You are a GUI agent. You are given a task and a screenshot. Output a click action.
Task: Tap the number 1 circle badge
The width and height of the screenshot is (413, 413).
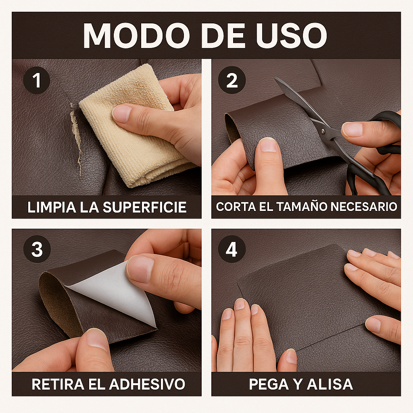(37, 80)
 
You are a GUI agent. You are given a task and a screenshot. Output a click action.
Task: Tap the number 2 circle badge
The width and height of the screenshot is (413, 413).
(232, 80)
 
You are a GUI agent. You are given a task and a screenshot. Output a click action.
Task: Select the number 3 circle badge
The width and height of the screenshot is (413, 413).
(37, 250)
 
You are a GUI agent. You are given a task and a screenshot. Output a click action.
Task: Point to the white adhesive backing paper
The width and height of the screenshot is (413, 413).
(117, 292)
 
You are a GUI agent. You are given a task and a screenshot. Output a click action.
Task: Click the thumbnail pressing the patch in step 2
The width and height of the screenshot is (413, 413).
(268, 144)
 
